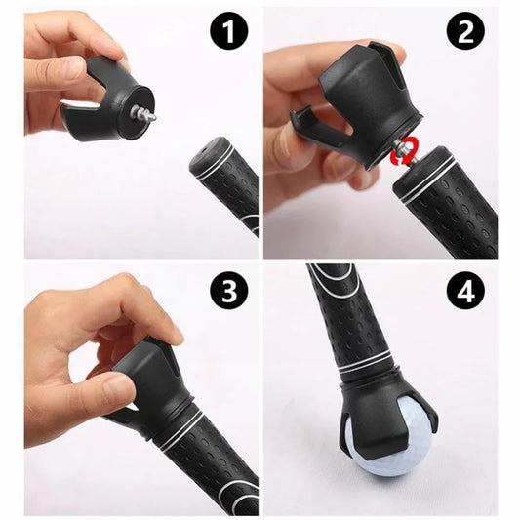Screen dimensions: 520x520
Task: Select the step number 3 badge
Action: click(x=229, y=290)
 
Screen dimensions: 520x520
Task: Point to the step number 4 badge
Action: click(x=465, y=290)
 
